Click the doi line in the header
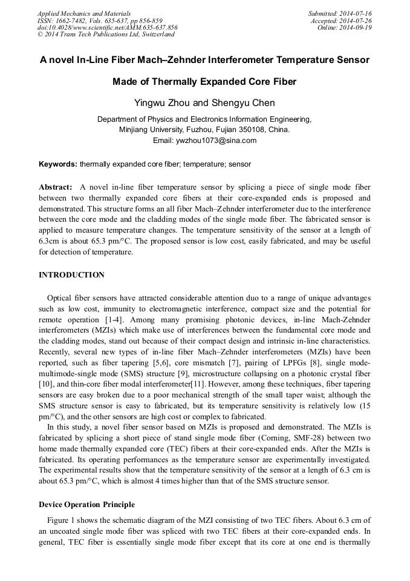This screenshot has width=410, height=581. point(107,28)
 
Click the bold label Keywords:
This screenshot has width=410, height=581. point(58,164)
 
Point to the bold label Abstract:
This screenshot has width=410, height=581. point(56,187)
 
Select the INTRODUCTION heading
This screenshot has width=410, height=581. point(71,275)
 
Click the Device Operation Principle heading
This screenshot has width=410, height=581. point(86,505)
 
